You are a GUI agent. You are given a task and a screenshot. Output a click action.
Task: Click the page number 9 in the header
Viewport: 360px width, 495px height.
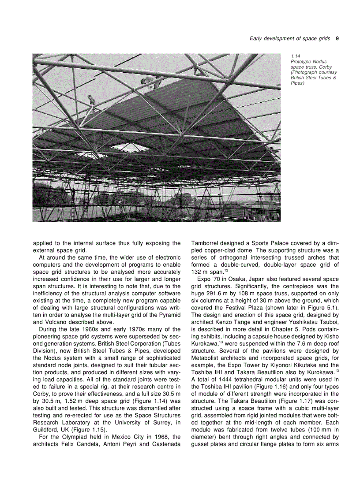[x=337, y=38]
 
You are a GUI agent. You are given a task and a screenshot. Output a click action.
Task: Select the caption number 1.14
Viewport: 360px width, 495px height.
[x=295, y=56]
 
